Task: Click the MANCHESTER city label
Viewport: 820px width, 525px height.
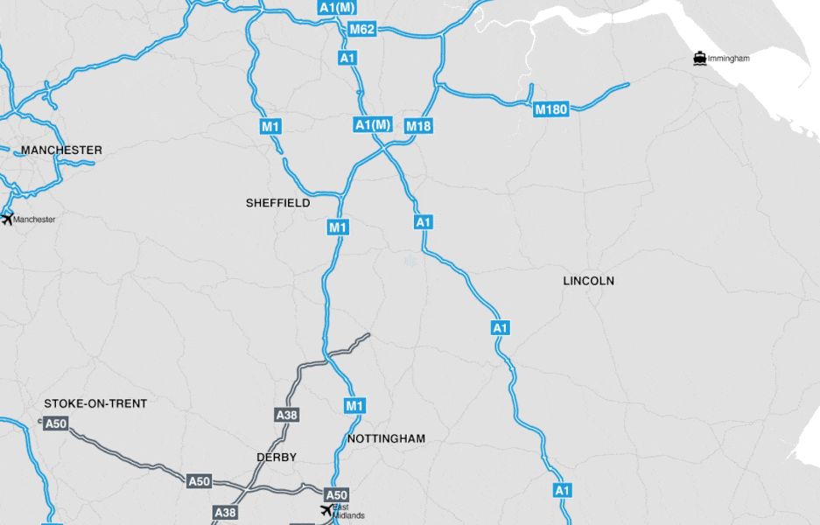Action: click(61, 150)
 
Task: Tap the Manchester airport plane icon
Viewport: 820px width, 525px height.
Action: click(8, 218)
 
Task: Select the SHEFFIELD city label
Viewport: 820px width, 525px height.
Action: click(277, 203)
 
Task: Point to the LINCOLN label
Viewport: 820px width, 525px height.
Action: click(588, 281)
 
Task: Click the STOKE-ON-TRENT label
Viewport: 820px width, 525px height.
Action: click(95, 403)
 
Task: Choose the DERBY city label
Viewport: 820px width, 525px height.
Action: click(277, 458)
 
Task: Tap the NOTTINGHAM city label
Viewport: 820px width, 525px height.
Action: click(386, 438)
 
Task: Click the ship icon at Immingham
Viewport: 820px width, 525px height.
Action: click(699, 59)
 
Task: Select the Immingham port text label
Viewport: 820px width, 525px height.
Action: click(729, 59)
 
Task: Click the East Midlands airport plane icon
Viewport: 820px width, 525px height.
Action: click(326, 510)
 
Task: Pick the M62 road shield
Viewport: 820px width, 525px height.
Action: click(361, 30)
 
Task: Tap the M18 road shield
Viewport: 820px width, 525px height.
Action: click(418, 126)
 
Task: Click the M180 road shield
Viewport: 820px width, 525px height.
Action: click(551, 109)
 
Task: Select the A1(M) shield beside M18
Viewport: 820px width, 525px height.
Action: click(373, 125)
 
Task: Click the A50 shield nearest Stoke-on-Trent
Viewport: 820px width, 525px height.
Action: click(56, 424)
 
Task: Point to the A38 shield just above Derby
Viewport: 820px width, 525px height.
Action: click(286, 415)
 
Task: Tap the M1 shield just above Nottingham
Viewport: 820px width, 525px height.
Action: click(354, 406)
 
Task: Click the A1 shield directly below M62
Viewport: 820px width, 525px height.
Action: click(347, 58)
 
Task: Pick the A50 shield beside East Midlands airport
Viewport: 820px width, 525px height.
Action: click(337, 494)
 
